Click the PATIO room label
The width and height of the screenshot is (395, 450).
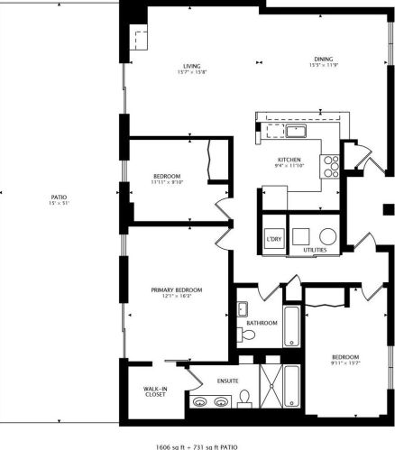(x=59, y=197)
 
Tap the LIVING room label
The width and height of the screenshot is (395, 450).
(x=191, y=66)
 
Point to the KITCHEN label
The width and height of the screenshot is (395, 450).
(x=289, y=160)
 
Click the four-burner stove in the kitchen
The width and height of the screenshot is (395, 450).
(x=331, y=163)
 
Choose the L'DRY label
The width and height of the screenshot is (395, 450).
(x=273, y=238)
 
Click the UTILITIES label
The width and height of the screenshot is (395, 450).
(x=315, y=249)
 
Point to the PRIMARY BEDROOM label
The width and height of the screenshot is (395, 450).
(x=176, y=289)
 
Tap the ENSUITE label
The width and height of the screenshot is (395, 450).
(x=225, y=381)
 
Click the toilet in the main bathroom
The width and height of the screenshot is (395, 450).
(x=250, y=335)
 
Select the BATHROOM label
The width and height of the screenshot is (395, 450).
(x=261, y=322)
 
